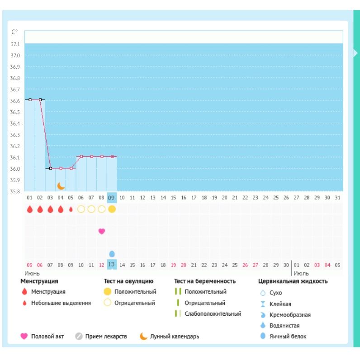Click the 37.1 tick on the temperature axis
click(x=15, y=44)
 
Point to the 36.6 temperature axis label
click(x=15, y=101)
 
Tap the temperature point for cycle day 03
click(x=51, y=168)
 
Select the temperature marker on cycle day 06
click(x=81, y=156)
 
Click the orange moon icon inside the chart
click(x=61, y=186)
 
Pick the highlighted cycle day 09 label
click(x=112, y=198)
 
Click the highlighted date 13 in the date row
click(x=112, y=265)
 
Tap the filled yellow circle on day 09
click(x=112, y=209)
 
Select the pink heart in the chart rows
click(x=102, y=231)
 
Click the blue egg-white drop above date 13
click(x=112, y=254)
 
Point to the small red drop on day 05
click(x=71, y=209)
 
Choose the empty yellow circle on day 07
click(x=91, y=209)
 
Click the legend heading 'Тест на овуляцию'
click(x=128, y=281)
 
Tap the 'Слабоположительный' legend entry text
click(x=213, y=313)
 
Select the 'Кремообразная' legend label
click(x=290, y=315)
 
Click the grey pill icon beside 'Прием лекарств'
click(x=79, y=337)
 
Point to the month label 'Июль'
click(x=301, y=273)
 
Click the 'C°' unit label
click(x=14, y=32)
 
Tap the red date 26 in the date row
click(x=245, y=265)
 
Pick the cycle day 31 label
click(x=337, y=198)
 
